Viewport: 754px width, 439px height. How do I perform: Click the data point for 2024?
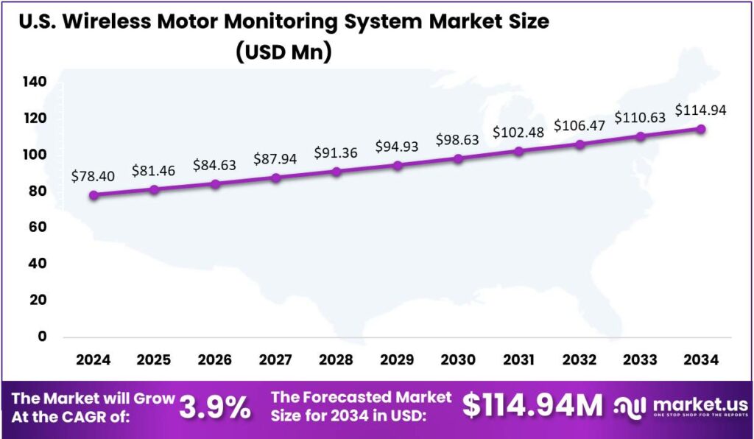tap(94, 195)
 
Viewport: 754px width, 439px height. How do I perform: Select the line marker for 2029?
tap(398, 166)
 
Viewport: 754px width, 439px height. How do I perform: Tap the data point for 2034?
tap(701, 129)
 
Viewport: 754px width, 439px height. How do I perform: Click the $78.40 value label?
tap(92, 177)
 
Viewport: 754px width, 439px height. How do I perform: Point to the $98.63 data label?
tap(458, 140)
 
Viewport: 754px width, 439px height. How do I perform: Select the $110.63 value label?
tap(640, 118)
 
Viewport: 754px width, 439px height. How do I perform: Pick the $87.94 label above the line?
tap(275, 158)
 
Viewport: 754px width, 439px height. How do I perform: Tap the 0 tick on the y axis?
tap(42, 337)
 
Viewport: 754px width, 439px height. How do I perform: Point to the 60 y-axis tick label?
tap(38, 228)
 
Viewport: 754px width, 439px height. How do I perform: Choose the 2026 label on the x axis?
tap(215, 360)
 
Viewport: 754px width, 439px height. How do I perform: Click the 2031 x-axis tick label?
tap(519, 360)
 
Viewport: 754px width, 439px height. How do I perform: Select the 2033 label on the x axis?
tap(641, 360)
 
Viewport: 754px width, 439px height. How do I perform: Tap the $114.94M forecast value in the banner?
tap(532, 406)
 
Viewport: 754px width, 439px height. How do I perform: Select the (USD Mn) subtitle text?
tap(283, 52)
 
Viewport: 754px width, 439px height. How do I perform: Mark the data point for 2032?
tap(580, 144)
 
